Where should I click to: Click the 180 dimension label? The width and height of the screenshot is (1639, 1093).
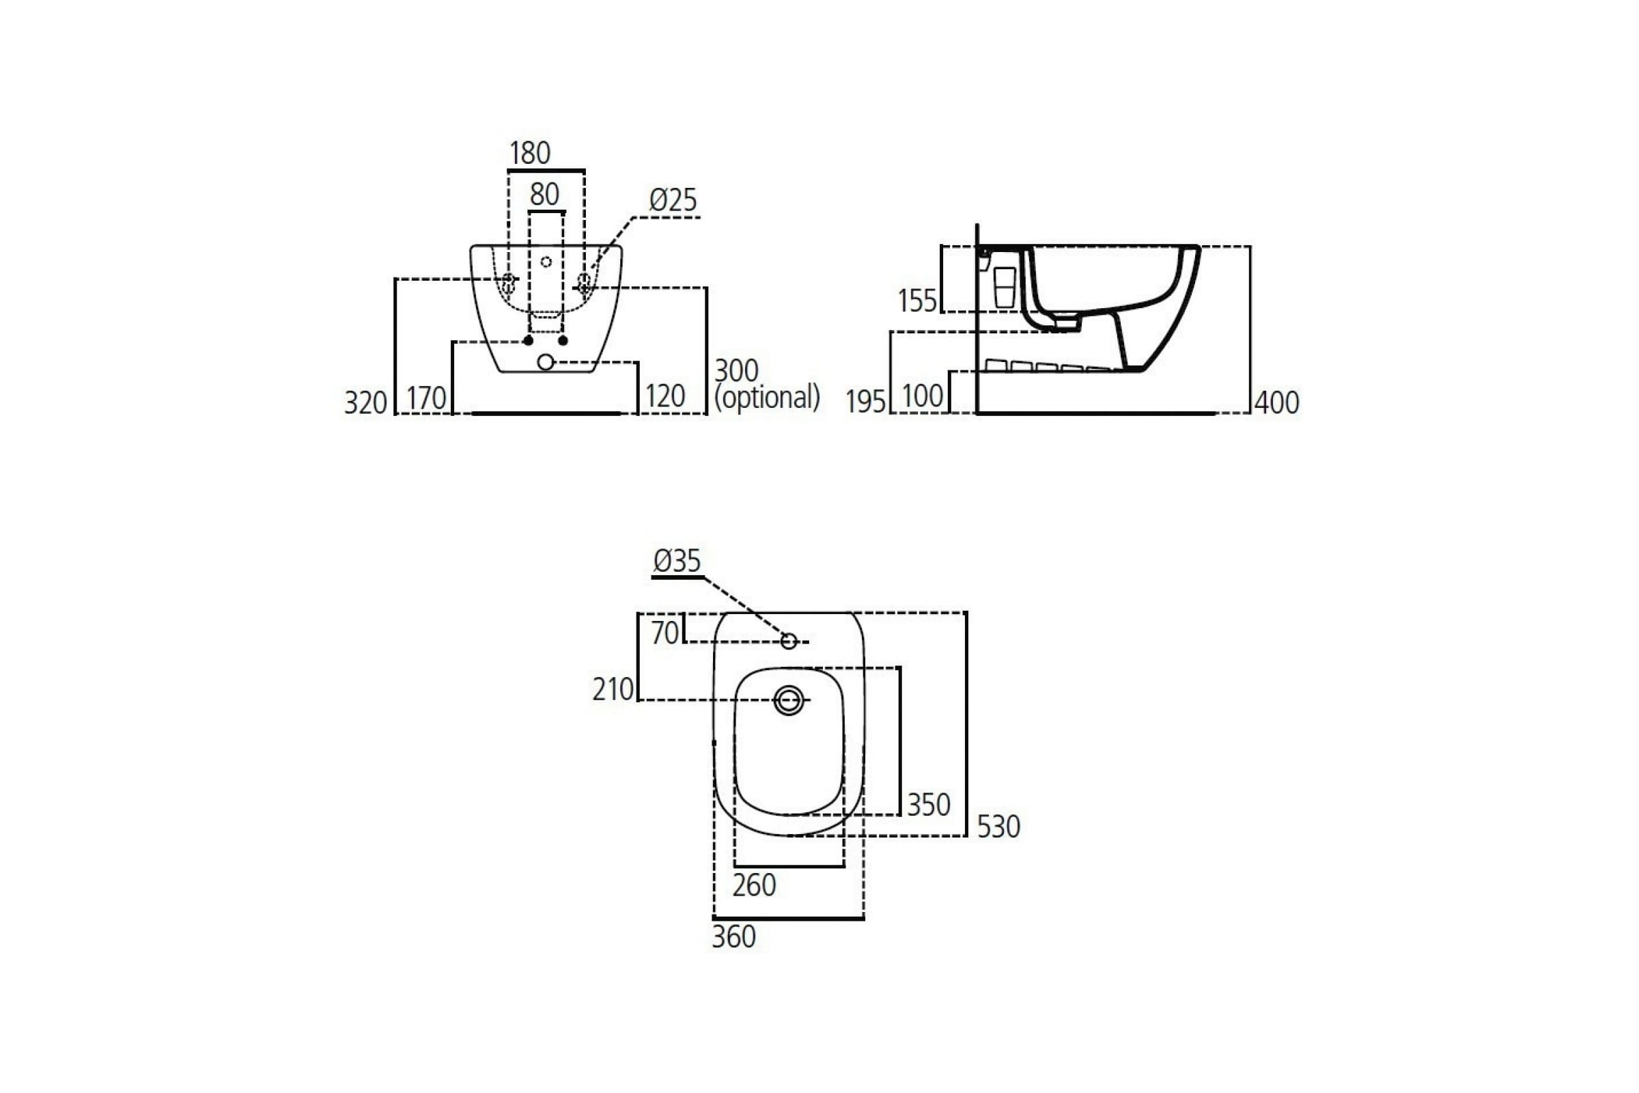pos(530,152)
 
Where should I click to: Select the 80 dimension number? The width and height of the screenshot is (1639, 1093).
pos(544,194)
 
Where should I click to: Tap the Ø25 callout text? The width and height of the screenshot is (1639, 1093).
pos(673,200)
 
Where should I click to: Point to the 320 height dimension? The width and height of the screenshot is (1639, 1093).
pos(365,402)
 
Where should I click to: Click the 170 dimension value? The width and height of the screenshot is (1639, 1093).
pos(425,399)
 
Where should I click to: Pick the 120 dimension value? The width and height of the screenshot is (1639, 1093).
pos(664,396)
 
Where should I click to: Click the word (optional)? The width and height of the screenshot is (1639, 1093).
pos(767,398)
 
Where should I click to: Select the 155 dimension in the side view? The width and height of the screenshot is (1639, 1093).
pos(917,301)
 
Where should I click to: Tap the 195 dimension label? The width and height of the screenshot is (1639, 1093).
pos(865,402)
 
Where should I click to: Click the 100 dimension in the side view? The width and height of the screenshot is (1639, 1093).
pos(922,396)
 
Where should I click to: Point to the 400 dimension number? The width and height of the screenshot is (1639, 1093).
pos(1276,402)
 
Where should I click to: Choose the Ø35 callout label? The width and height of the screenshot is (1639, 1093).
pos(677,560)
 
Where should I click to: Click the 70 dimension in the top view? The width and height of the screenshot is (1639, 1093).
pos(664,633)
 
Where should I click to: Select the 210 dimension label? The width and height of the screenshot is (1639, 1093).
pos(613,689)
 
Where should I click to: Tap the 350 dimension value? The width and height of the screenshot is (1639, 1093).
pos(928,805)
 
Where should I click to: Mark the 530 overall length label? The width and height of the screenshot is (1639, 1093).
pos(998,827)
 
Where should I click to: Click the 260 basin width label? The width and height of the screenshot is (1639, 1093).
pos(754,885)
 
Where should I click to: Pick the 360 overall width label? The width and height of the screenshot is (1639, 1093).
pos(733,937)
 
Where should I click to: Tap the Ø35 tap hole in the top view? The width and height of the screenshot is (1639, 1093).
pos(788,641)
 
